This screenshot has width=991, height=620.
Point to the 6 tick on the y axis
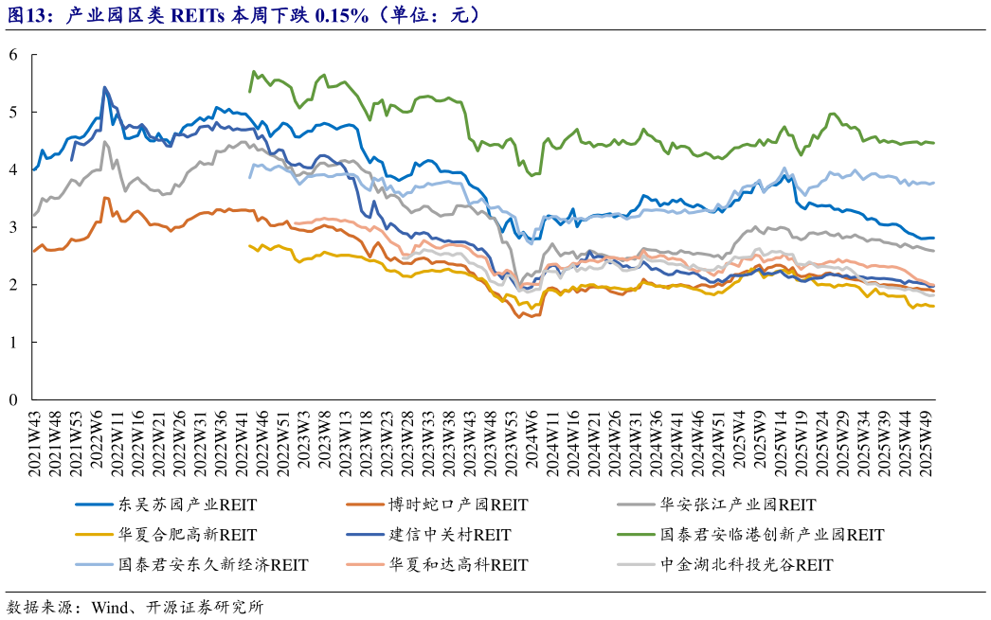pos(13,55)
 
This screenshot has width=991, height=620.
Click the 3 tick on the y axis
pos(13,227)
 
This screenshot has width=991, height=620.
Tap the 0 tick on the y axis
pos(13,399)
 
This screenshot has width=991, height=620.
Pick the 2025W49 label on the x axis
pos(930,443)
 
